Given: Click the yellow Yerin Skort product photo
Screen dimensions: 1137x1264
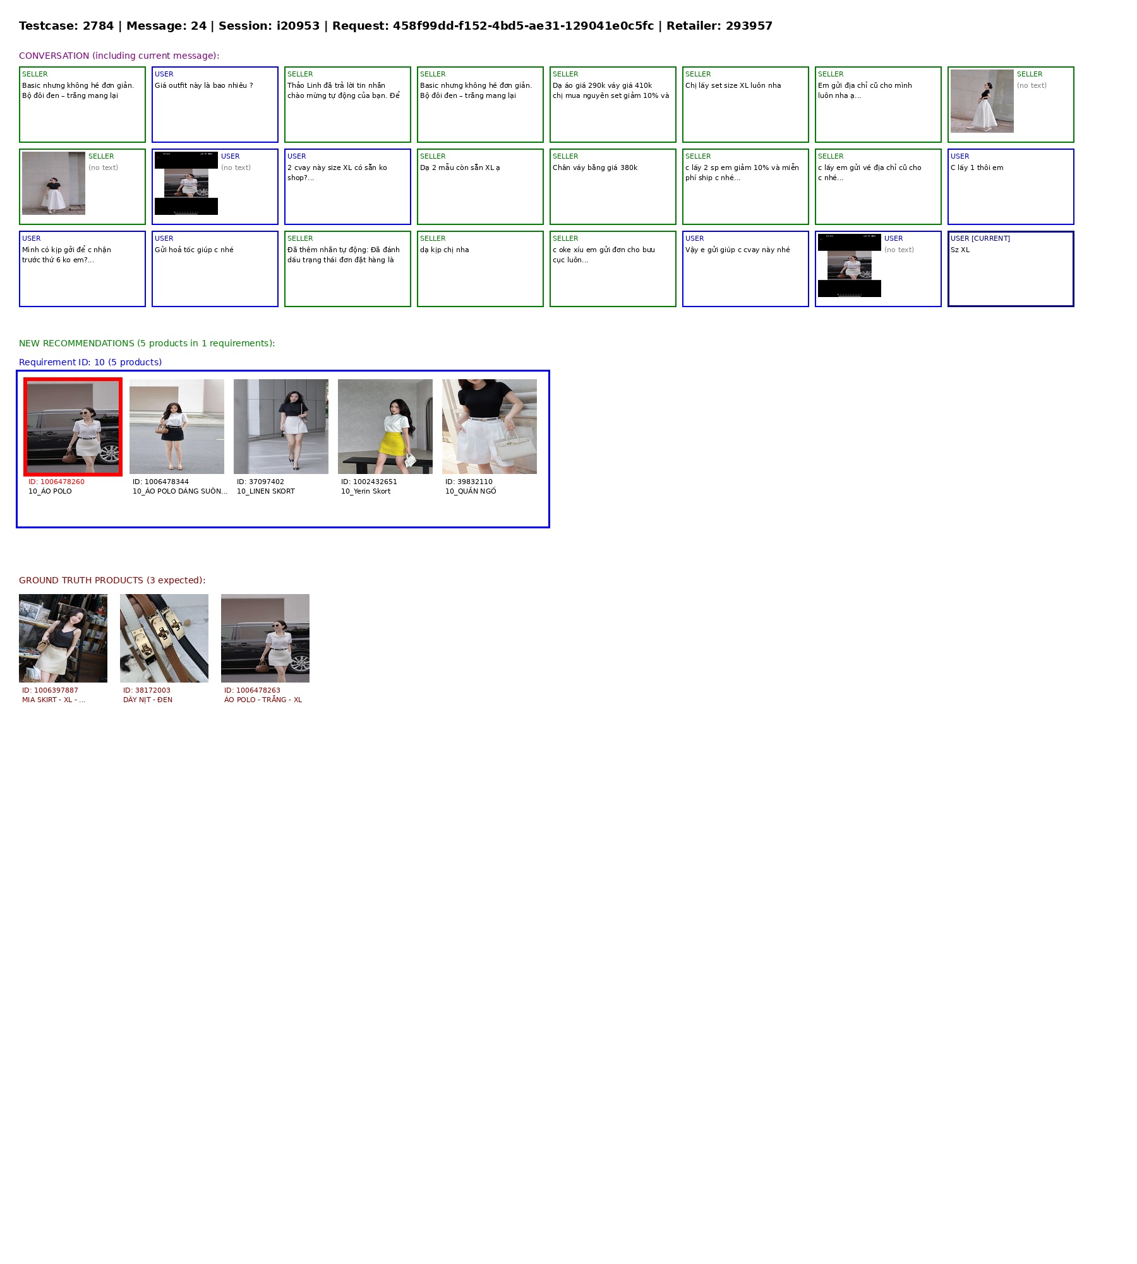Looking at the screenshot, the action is click(385, 427).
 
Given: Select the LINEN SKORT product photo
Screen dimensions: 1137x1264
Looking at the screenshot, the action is click(281, 427).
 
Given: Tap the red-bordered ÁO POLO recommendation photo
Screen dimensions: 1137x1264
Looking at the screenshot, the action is click(73, 427).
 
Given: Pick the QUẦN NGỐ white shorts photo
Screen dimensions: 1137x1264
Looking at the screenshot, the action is click(490, 427).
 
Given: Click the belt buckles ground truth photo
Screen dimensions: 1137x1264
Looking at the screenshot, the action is click(164, 638).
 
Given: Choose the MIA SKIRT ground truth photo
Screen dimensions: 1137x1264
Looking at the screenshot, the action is click(63, 638).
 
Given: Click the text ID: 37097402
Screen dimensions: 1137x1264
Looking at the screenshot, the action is click(260, 482).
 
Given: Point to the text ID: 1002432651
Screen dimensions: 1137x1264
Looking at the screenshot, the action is click(369, 482).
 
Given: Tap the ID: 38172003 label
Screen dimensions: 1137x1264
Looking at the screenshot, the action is click(147, 690).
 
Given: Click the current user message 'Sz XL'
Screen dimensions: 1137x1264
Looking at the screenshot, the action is click(960, 250).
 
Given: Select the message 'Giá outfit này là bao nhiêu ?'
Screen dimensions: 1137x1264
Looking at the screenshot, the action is click(203, 85).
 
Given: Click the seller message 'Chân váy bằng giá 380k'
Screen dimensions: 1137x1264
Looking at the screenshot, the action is click(595, 167).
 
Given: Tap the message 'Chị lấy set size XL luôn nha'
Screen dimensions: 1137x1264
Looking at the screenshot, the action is click(733, 85).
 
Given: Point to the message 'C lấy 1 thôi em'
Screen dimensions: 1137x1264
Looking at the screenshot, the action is click(977, 167).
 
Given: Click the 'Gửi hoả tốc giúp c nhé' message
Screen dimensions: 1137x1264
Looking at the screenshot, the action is click(194, 250).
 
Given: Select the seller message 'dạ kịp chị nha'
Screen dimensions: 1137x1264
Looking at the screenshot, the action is click(445, 250).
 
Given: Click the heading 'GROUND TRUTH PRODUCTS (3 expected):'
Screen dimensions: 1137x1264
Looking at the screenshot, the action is click(112, 580).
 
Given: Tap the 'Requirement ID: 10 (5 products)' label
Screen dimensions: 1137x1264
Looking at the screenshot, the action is click(90, 362).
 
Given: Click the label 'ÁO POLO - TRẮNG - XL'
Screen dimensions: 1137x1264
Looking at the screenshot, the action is click(263, 700).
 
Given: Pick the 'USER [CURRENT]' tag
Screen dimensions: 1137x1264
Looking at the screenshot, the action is click(980, 238).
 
